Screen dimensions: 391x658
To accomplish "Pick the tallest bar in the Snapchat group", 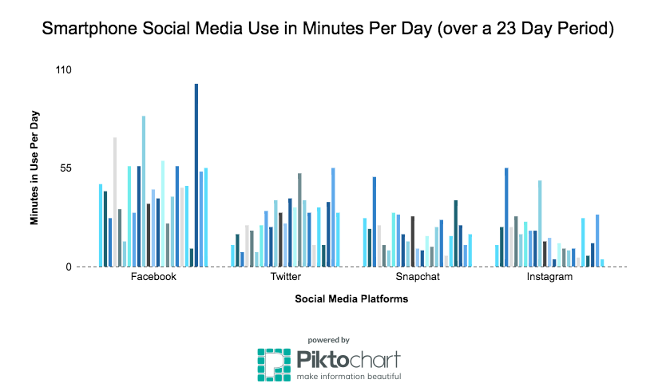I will [375, 221].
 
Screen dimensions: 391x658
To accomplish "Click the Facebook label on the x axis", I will [153, 277].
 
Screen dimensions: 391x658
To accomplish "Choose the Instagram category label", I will [549, 277].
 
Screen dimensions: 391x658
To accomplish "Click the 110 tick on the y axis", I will [63, 70].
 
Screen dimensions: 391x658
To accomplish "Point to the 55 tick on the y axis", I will [65, 168].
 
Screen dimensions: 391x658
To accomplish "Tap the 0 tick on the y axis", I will [69, 267].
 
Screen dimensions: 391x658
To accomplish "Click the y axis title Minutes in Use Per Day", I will [35, 166].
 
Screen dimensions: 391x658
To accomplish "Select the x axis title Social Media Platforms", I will [351, 299].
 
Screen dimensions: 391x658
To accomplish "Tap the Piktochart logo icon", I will [273, 364].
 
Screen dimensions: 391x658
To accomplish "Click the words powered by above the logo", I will [328, 339].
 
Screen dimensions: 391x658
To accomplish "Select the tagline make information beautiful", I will [349, 376].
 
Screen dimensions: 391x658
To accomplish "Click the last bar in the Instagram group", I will [602, 263].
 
